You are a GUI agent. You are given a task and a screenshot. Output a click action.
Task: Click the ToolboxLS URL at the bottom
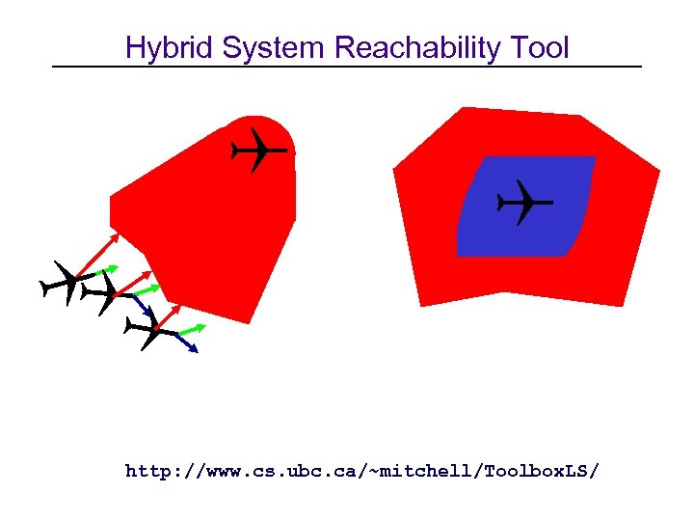point(361,471)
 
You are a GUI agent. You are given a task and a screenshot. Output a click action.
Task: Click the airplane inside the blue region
point(523,203)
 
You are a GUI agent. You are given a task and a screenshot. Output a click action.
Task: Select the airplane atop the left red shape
point(257,150)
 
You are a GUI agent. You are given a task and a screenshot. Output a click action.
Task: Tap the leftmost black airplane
point(64,283)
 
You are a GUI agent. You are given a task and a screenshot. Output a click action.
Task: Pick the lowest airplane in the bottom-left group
point(151,332)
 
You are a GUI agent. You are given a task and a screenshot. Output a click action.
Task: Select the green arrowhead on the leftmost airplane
point(115,265)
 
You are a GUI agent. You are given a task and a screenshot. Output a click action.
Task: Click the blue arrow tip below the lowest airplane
point(195,349)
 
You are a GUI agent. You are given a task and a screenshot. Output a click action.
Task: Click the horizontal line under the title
point(347,66)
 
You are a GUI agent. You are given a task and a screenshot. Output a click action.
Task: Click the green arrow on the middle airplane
point(145,288)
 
